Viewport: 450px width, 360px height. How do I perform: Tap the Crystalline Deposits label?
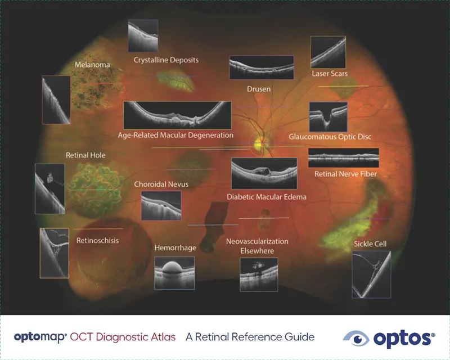[166, 60]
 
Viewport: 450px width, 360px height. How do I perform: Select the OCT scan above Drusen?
[261, 67]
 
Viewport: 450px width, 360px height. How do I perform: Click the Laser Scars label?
[330, 74]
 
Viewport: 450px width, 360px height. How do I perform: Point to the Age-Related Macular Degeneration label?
[175, 136]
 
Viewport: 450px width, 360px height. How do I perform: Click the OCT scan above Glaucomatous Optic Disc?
[328, 116]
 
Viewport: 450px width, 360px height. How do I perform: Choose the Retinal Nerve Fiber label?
[345, 174]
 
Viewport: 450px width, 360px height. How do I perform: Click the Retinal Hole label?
[85, 155]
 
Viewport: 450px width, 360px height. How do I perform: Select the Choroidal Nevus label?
[161, 184]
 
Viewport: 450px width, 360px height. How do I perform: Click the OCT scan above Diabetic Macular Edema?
[264, 173]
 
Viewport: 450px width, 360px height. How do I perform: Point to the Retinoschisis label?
[97, 241]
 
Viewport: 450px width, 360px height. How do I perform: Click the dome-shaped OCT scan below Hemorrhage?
[174, 273]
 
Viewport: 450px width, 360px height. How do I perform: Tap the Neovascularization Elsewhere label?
[257, 246]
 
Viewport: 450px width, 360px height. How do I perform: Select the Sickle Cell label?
[370, 244]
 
